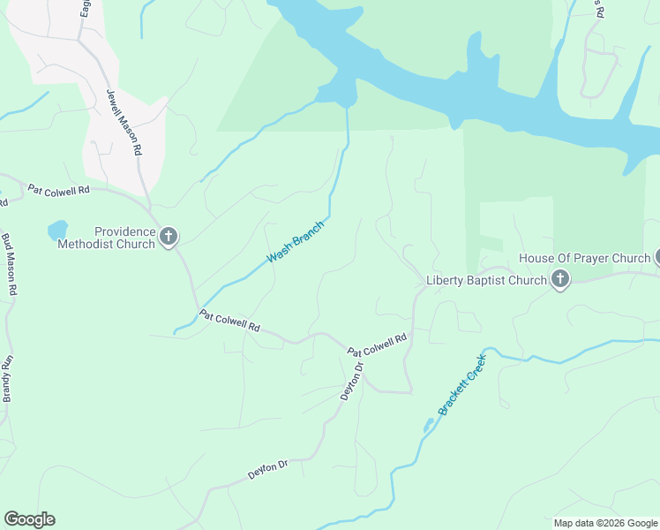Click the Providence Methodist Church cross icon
click(169, 236)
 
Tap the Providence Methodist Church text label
click(106, 238)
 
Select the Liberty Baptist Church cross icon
click(559, 280)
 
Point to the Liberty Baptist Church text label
click(486, 281)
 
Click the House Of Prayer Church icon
click(656, 258)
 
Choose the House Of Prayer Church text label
click(584, 258)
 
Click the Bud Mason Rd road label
click(10, 264)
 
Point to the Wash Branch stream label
click(296, 241)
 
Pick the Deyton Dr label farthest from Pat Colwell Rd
click(268, 468)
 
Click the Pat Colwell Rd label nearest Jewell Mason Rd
click(58, 190)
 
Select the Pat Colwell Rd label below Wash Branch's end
click(229, 321)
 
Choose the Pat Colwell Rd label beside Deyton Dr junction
click(377, 344)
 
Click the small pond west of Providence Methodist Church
click(57, 230)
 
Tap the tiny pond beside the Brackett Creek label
click(429, 426)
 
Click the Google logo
click(29, 519)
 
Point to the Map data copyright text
click(605, 523)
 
